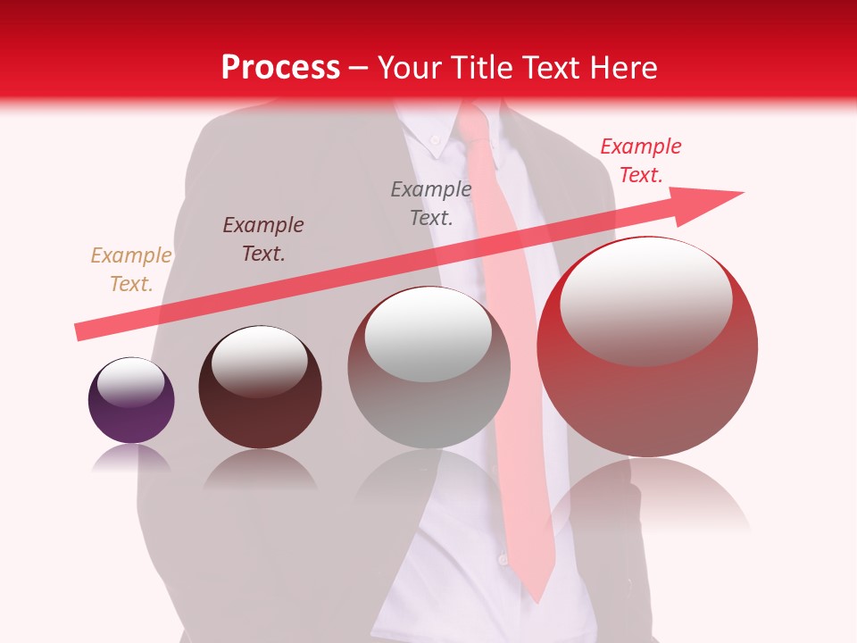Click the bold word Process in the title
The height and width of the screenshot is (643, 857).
click(280, 68)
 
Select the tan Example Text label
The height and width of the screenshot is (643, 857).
click(130, 270)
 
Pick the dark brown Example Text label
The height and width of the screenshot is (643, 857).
click(263, 239)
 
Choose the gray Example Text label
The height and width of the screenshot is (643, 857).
click(431, 203)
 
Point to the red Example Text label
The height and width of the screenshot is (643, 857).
click(640, 161)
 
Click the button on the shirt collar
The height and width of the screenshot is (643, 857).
click(435, 139)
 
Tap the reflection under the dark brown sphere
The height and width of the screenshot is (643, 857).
click(260, 469)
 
